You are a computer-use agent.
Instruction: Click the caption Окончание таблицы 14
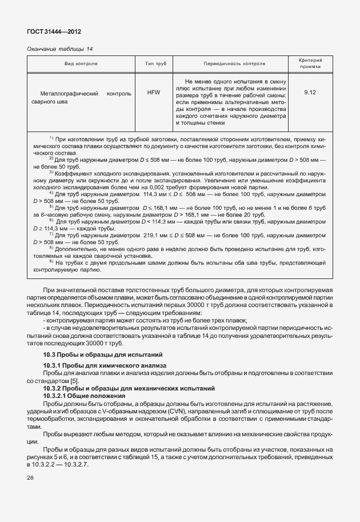click(x=59, y=49)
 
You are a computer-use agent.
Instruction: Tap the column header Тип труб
click(x=153, y=63)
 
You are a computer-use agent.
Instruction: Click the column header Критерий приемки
click(x=310, y=63)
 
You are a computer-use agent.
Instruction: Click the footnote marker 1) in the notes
click(x=51, y=138)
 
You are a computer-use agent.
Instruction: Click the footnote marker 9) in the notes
click(x=51, y=262)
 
